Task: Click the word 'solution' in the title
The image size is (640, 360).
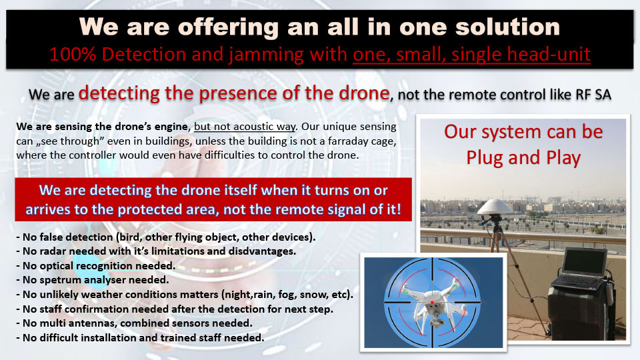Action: point(507,27)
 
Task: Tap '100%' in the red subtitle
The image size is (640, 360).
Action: point(72,54)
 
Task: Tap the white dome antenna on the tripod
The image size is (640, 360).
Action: point(495,207)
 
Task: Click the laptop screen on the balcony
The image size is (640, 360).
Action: point(585,261)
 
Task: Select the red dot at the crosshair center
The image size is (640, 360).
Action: point(432,303)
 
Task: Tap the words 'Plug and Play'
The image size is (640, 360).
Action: point(523,159)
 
